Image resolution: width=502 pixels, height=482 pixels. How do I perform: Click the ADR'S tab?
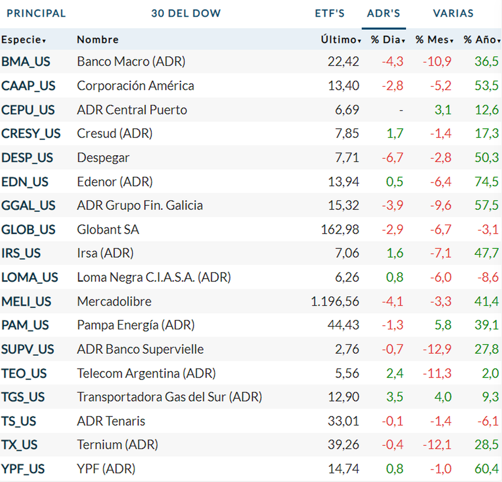pyautogui.click(x=383, y=13)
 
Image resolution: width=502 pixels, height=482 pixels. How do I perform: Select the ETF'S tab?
pyautogui.click(x=330, y=13)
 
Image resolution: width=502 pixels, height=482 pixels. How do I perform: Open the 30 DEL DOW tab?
pyautogui.click(x=186, y=13)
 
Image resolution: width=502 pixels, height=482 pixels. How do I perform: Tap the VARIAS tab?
pyautogui.click(x=453, y=13)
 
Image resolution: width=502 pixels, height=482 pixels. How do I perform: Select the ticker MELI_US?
pyautogui.click(x=26, y=301)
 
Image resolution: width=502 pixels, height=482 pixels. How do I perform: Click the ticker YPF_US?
pyautogui.click(x=23, y=469)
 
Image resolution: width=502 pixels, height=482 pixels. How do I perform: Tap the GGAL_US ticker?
pyautogui.click(x=28, y=205)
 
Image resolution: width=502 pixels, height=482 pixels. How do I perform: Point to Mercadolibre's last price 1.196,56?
pyautogui.click(x=335, y=301)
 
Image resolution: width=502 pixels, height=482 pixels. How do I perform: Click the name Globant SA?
pyautogui.click(x=108, y=230)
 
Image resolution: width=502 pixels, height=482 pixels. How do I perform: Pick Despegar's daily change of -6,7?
pyautogui.click(x=392, y=158)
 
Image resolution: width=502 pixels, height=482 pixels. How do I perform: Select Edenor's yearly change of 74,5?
pyautogui.click(x=486, y=181)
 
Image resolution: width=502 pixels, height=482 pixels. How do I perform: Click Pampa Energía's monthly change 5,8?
pyautogui.click(x=443, y=325)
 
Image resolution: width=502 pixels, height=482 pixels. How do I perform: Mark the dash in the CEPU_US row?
pyautogui.click(x=401, y=110)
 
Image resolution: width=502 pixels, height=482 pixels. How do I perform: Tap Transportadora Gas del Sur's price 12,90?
pyautogui.click(x=343, y=397)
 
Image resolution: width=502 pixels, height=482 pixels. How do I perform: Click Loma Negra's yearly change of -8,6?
pyautogui.click(x=488, y=277)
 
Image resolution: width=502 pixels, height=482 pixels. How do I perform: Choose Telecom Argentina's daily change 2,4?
pyautogui.click(x=394, y=373)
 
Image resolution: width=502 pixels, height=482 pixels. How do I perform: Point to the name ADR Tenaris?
pyautogui.click(x=111, y=421)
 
